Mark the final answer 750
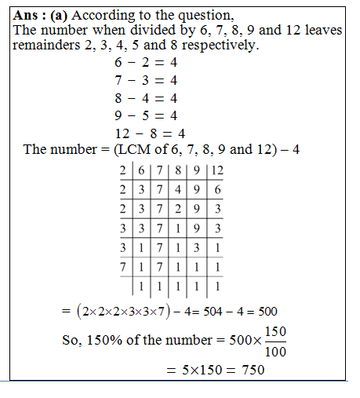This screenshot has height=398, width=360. (x=250, y=369)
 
